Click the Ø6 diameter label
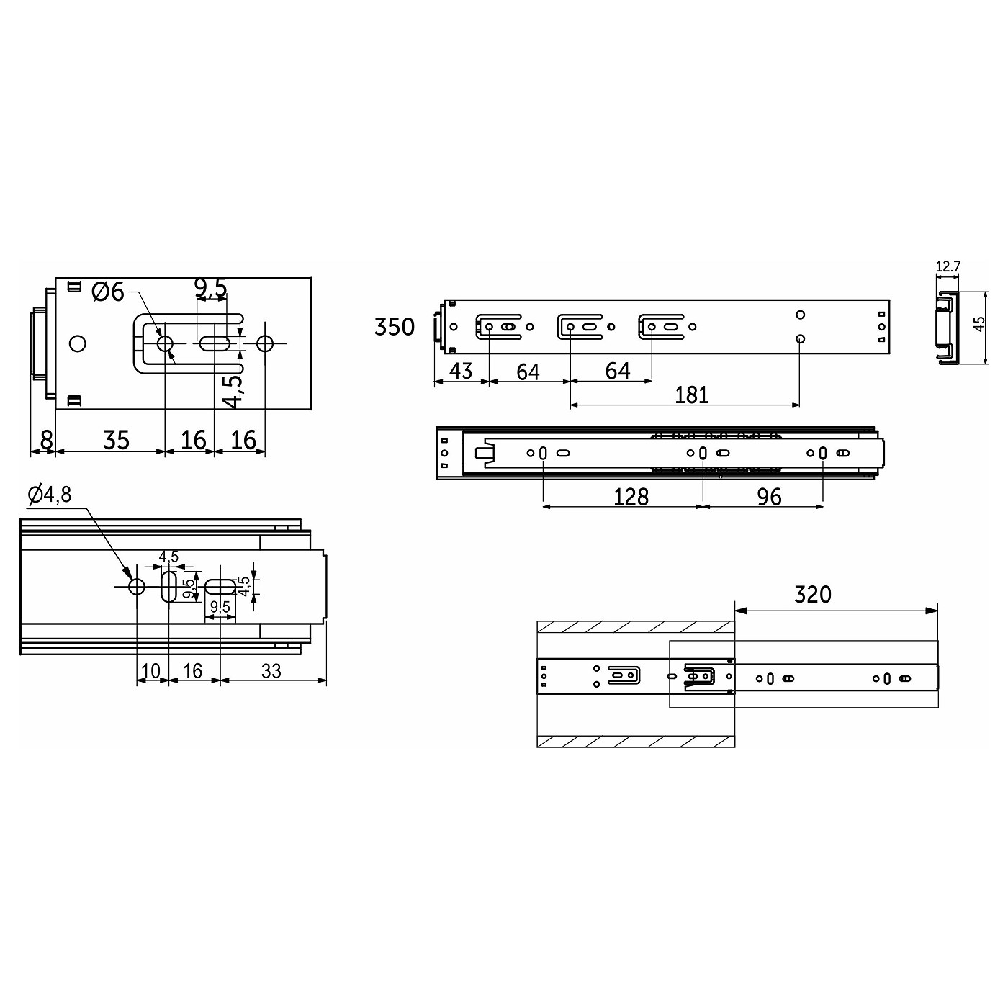coord(109,292)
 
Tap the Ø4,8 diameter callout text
coord(50,495)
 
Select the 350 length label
coord(395,327)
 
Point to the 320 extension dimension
coord(812,595)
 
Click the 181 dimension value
coord(691,395)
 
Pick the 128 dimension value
coord(631,497)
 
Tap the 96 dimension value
coord(769,497)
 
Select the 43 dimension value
coord(461,372)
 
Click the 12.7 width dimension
coord(948,266)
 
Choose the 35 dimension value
coord(116,439)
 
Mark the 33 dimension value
coord(271,671)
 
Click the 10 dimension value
coord(151,671)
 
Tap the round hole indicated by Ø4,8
coord(136,587)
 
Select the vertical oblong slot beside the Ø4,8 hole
coord(168,587)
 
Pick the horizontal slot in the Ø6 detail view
coord(215,343)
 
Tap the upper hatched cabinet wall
coord(636,627)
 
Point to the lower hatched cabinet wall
coord(636,741)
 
